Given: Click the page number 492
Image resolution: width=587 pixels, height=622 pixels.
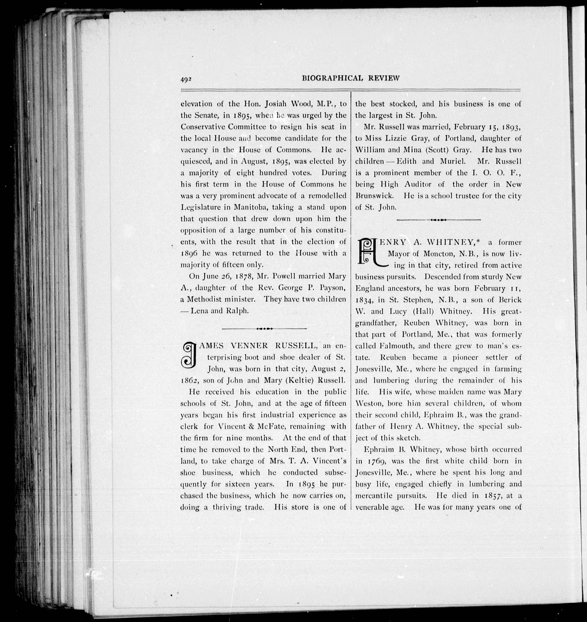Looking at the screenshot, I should pos(186,79).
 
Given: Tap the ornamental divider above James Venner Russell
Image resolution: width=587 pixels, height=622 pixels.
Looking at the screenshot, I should pos(264,328).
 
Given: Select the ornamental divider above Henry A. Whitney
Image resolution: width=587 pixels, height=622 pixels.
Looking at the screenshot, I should pos(438,220).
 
